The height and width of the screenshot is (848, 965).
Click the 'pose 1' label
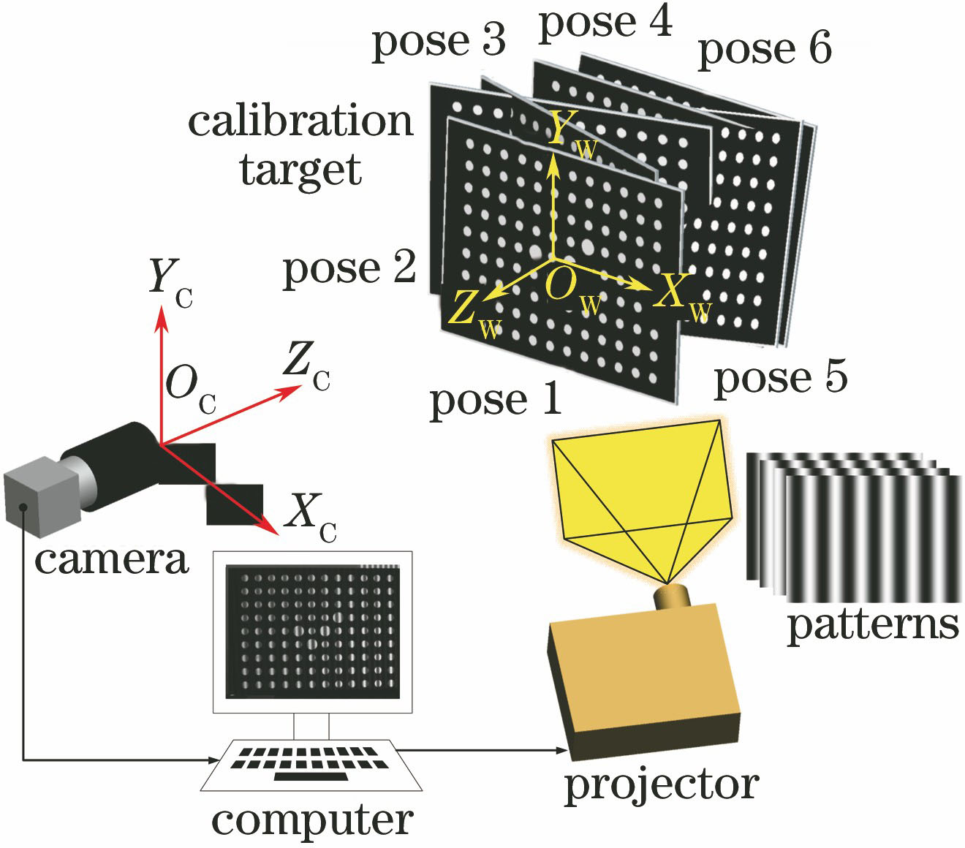pyautogui.click(x=495, y=401)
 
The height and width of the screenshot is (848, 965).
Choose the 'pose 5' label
pyautogui.click(x=780, y=378)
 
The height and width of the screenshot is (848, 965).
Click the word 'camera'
pyautogui.click(x=111, y=559)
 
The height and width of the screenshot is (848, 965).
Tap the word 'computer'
pyautogui.click(x=312, y=820)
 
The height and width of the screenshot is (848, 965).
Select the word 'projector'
pyautogui.click(x=661, y=785)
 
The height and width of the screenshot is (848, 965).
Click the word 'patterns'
pyautogui.click(x=872, y=626)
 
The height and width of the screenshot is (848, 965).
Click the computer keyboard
pyautogui.click(x=311, y=764)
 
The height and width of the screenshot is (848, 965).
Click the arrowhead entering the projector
pyautogui.click(x=561, y=750)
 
